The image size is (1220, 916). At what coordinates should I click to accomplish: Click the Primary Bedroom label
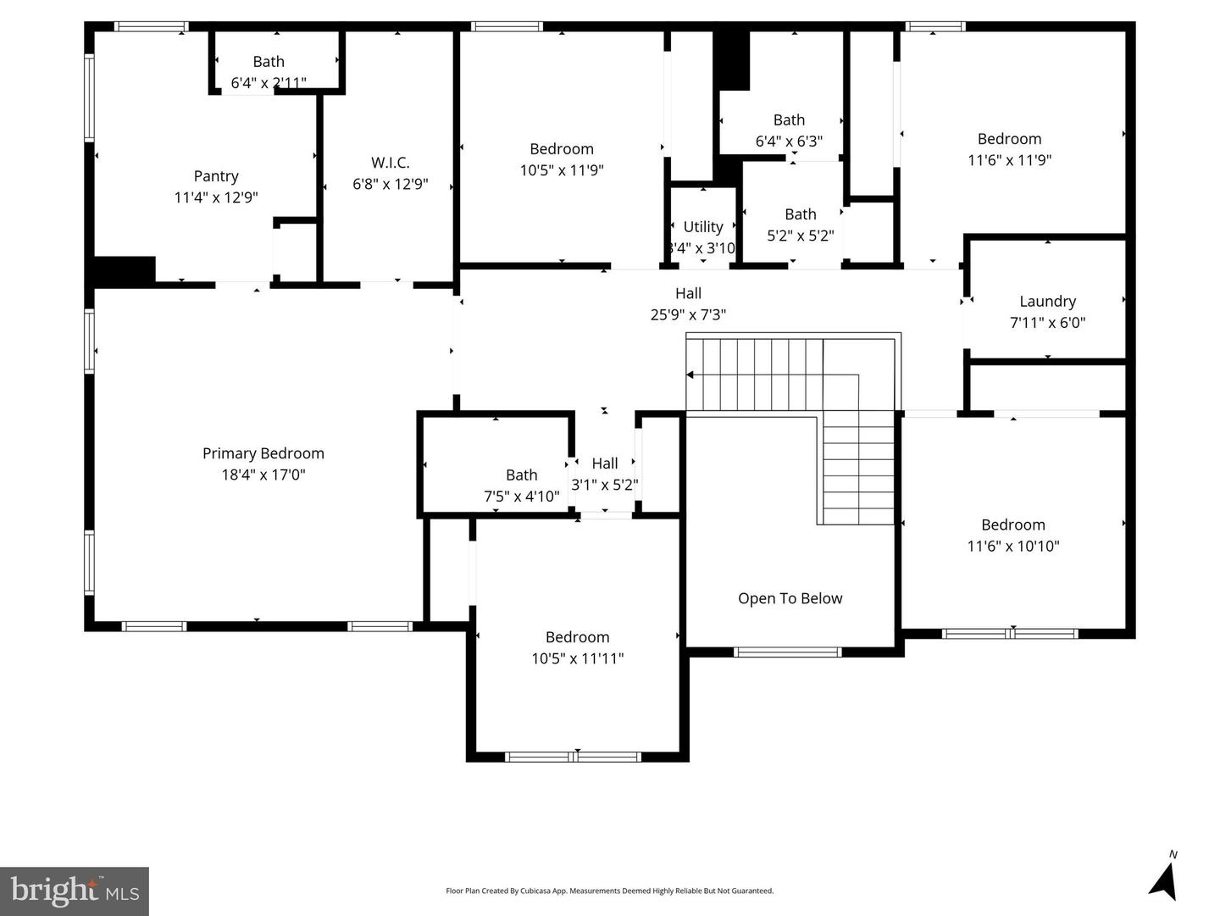[x=263, y=453]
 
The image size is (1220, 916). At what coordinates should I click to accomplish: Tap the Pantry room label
[x=216, y=176]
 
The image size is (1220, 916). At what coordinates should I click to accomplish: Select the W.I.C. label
[x=390, y=163]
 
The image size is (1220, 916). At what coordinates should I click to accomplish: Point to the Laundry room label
[x=1047, y=302]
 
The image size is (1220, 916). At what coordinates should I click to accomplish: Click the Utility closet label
[x=703, y=227]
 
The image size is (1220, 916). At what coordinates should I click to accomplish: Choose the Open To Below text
[x=790, y=598]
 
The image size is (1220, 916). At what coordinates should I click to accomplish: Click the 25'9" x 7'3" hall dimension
[x=688, y=315]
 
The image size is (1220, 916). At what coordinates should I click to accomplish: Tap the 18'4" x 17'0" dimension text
[x=263, y=475]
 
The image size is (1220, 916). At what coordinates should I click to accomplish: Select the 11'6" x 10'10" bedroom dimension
[x=1013, y=547]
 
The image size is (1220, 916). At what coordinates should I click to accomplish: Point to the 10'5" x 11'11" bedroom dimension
[x=577, y=658]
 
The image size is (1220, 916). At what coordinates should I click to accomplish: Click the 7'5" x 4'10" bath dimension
[x=521, y=497]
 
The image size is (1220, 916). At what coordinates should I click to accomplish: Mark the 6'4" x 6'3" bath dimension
[x=789, y=142]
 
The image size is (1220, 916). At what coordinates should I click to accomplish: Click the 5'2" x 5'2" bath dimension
[x=800, y=236]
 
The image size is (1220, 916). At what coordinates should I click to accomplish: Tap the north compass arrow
[x=1164, y=880]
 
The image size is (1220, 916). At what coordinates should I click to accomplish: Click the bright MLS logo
[x=75, y=891]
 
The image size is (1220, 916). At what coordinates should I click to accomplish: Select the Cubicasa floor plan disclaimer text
[x=609, y=891]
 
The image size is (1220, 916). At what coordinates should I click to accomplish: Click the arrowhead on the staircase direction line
[x=690, y=375]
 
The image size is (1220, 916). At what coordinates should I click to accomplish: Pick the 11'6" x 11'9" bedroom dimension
[x=1009, y=160]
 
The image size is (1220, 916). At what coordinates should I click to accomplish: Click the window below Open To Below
[x=787, y=652]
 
